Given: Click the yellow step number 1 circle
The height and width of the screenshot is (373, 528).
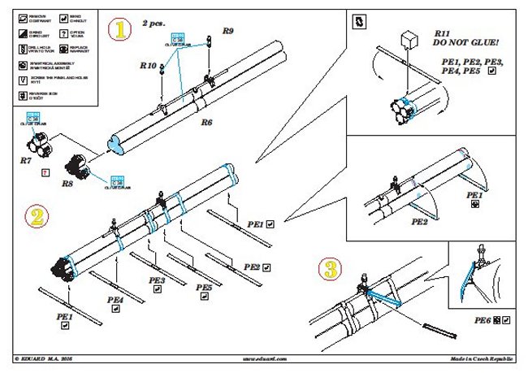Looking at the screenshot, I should click(121, 31).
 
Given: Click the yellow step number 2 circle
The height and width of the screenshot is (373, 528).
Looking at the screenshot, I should click(36, 216).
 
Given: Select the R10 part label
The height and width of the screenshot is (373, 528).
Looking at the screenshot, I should click(148, 64).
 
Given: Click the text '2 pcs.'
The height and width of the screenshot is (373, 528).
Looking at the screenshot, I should click(154, 24).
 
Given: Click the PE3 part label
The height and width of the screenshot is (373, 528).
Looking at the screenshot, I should click(157, 280).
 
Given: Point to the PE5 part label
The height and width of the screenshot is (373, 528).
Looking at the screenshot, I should click(204, 288).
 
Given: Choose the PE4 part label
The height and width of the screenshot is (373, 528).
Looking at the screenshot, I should click(115, 299).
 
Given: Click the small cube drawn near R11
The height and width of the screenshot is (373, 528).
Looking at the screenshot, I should click(409, 38).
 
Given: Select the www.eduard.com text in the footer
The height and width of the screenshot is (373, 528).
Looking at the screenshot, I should click(264, 358).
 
